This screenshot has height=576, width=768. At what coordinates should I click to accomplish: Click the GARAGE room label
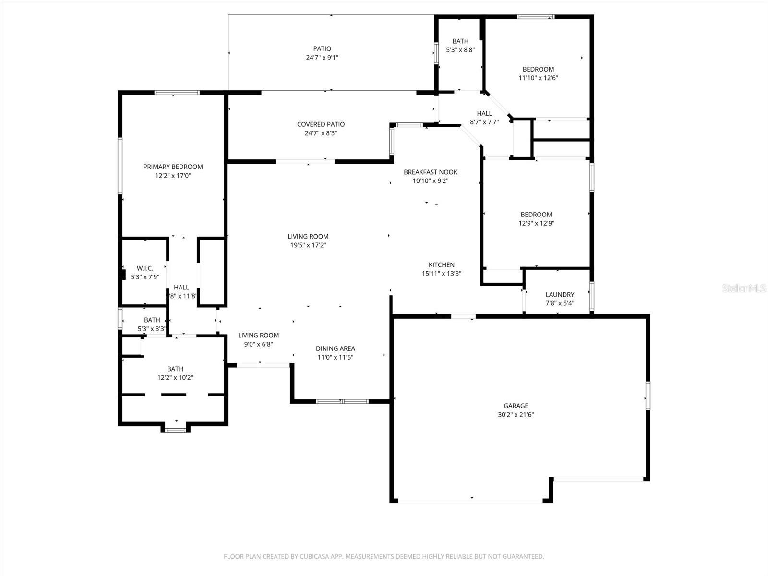[x=516, y=406]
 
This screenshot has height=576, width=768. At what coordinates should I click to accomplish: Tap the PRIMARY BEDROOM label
[x=173, y=167]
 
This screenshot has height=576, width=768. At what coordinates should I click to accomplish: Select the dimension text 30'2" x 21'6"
[x=516, y=415]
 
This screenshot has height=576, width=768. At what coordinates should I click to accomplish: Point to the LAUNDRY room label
[x=560, y=294]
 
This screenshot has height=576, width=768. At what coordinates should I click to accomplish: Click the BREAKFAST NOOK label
[x=431, y=172]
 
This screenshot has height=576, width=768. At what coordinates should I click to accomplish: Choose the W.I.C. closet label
[x=145, y=268]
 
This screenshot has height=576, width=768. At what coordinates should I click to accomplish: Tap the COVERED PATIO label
[x=321, y=124]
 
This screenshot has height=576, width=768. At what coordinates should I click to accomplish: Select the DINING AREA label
[x=336, y=348]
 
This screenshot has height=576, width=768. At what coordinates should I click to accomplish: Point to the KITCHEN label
[x=441, y=264]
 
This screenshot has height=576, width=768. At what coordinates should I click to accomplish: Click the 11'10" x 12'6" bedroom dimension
[x=538, y=78]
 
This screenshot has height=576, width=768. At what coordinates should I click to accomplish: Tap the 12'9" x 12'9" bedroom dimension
[x=536, y=223]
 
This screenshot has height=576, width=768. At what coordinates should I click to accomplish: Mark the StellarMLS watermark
[x=744, y=288]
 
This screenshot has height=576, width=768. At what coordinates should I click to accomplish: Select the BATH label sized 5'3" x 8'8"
[x=460, y=41]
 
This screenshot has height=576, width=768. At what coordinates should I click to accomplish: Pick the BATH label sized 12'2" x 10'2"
[x=175, y=369]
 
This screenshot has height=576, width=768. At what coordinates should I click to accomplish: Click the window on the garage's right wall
[x=648, y=396]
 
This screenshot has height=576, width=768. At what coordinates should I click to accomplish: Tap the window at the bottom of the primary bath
[x=176, y=430]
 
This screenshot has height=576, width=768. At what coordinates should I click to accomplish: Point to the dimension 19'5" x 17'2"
[x=308, y=245]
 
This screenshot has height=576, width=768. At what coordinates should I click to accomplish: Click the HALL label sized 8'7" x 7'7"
[x=484, y=113]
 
